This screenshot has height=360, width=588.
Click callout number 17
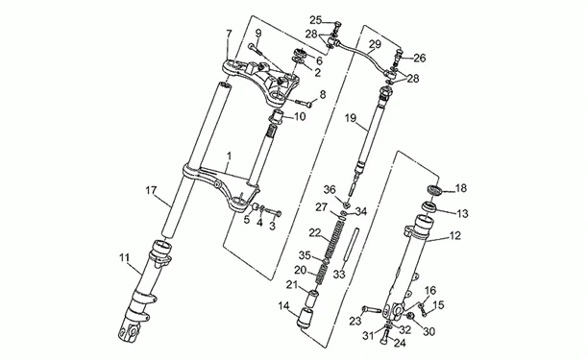click(151, 191)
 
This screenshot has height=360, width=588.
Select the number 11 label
click(124, 258)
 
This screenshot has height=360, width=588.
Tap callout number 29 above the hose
click(375, 44)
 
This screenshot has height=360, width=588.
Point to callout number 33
click(339, 275)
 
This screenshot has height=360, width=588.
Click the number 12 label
click(454, 236)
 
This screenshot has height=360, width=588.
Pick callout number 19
click(351, 119)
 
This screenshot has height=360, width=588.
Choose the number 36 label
click(330, 189)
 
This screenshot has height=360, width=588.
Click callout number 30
click(429, 331)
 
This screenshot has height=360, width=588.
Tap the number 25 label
click(316, 19)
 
